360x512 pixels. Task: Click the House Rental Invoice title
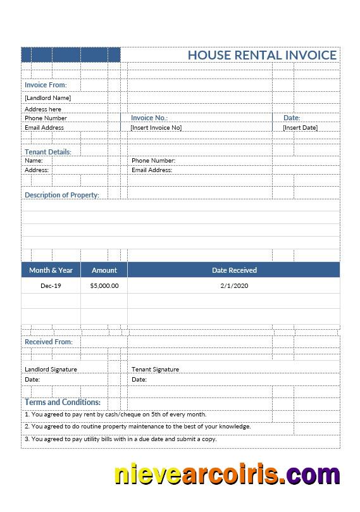pyautogui.click(x=262, y=55)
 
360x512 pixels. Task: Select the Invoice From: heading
pyautogui.click(x=46, y=85)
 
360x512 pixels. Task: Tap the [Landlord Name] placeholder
pyautogui.click(x=47, y=98)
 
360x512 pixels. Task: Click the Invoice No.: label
pyautogui.click(x=149, y=118)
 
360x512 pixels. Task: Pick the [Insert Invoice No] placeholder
pyautogui.click(x=156, y=128)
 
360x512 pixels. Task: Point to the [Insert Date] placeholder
pyautogui.click(x=300, y=128)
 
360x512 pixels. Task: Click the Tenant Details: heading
pyautogui.click(x=48, y=152)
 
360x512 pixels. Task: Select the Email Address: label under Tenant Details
pyautogui.click(x=152, y=170)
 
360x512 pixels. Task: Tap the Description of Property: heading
pyautogui.click(x=62, y=195)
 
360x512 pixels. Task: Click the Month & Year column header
pyautogui.click(x=51, y=270)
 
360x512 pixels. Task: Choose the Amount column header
pyautogui.click(x=104, y=270)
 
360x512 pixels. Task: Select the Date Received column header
pyautogui.click(x=234, y=270)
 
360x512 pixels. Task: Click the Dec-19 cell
pyautogui.click(x=51, y=286)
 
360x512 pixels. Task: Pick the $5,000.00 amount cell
pyautogui.click(x=104, y=286)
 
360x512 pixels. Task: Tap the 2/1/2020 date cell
pyautogui.click(x=234, y=286)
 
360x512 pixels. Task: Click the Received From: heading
pyautogui.click(x=49, y=342)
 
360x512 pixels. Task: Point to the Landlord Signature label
pyautogui.click(x=51, y=370)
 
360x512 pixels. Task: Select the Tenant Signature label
pyautogui.click(x=155, y=370)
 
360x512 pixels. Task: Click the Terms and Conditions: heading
pyautogui.click(x=63, y=402)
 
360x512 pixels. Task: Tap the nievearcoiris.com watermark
pyautogui.click(x=227, y=475)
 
